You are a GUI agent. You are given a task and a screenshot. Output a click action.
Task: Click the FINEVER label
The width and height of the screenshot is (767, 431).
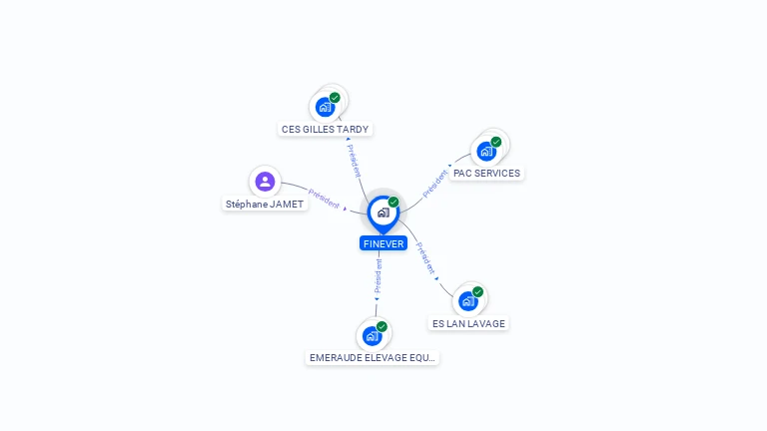383,243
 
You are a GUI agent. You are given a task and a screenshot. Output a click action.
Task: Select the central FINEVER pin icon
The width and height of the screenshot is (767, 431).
383,215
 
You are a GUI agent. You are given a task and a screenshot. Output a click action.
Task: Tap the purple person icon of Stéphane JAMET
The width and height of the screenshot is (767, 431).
265,182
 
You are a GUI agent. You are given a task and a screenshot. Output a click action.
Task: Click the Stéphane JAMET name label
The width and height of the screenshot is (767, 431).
265,205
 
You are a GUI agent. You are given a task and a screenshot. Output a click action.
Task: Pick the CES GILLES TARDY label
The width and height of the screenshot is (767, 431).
326,129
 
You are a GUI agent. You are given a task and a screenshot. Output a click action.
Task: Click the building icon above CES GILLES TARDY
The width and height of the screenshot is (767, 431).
326,107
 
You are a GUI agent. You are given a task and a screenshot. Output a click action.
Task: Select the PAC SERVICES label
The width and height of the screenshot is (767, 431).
486,173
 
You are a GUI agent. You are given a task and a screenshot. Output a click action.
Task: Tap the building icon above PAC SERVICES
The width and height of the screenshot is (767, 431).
486,151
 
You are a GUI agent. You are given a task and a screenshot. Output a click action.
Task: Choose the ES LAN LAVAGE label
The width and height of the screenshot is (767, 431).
468,323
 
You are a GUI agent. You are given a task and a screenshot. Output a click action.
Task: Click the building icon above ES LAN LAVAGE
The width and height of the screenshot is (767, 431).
468,301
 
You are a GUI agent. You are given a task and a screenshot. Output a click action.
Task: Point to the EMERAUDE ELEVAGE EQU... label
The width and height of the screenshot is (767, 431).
373,358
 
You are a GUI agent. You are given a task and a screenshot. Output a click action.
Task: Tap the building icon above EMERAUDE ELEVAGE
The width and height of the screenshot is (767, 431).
373,336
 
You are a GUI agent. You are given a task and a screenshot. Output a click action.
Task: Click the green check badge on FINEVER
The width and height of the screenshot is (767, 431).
393,202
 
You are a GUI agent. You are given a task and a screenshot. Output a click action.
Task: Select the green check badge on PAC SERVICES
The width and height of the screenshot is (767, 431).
496,142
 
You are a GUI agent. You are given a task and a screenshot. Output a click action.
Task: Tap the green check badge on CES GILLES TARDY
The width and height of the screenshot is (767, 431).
335,98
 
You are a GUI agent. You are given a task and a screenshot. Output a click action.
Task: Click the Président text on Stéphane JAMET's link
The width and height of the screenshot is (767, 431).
324,199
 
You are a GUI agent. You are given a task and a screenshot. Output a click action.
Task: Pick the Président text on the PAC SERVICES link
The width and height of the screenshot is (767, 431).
434,184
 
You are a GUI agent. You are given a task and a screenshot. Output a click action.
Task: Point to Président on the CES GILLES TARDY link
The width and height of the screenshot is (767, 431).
354,161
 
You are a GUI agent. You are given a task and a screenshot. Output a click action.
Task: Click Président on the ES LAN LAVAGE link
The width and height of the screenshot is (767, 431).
425,258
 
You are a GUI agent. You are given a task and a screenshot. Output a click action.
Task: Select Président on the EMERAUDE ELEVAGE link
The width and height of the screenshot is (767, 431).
379,276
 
